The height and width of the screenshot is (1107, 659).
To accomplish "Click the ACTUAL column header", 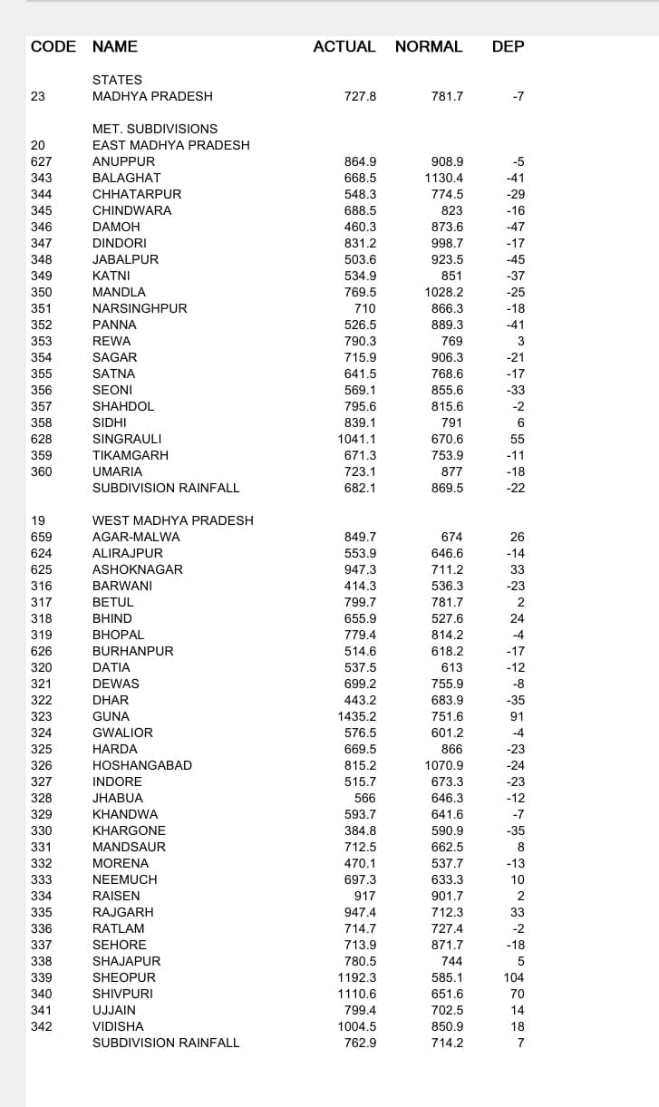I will [x=344, y=46].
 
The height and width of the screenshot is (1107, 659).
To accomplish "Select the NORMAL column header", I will [x=429, y=46].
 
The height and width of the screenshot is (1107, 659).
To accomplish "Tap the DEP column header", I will [x=508, y=46].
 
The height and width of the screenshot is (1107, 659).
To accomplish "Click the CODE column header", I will [x=53, y=46].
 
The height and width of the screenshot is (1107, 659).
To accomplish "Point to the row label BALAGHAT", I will [x=127, y=178].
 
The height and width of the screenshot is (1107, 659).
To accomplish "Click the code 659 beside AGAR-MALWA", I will [x=42, y=537].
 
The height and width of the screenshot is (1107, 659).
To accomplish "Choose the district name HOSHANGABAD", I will [x=142, y=765].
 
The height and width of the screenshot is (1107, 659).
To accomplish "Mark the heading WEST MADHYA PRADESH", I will [x=173, y=520].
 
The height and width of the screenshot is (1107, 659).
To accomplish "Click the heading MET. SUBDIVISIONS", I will [x=155, y=129].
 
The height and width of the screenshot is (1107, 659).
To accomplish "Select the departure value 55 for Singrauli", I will [x=518, y=439].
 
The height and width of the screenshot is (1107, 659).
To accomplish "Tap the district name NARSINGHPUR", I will [x=140, y=308].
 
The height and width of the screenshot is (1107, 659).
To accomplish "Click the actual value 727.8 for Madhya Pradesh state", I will [x=360, y=96].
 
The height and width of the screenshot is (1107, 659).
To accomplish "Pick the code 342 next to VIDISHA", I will [x=42, y=1026].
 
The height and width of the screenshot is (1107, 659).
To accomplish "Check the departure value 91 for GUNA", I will [x=518, y=716].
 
